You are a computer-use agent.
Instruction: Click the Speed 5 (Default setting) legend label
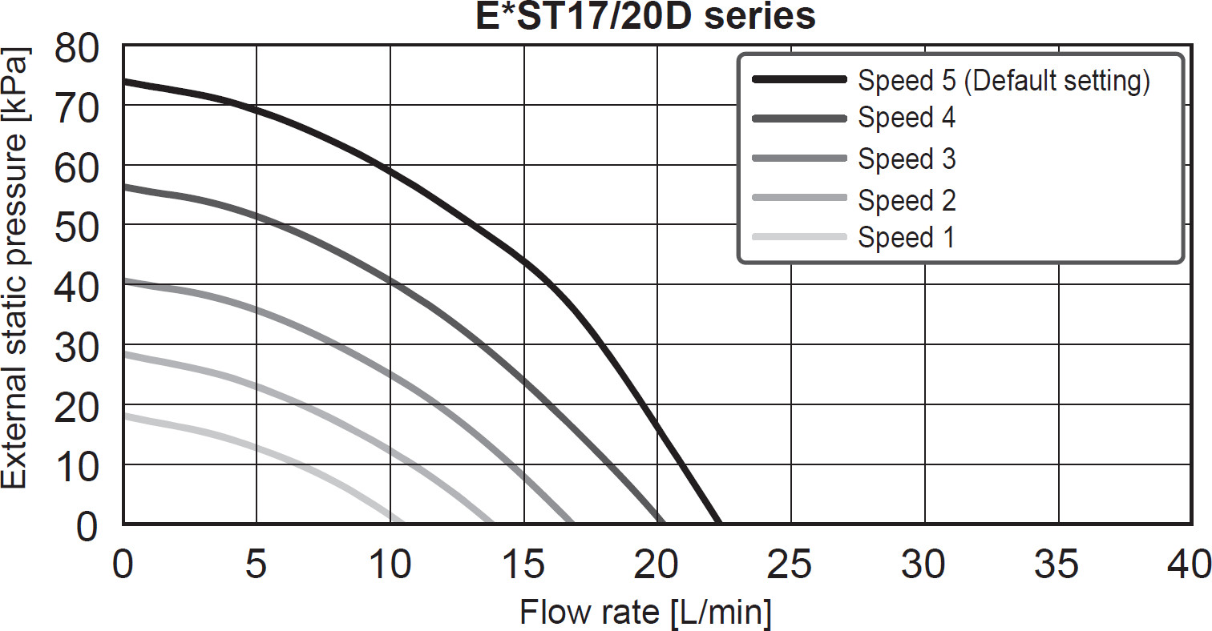pos(1004,81)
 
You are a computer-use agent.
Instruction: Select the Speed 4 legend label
pos(907,119)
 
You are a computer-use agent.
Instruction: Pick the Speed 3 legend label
pos(907,159)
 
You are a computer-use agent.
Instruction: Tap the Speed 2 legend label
pos(907,199)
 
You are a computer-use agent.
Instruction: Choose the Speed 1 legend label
pos(906,237)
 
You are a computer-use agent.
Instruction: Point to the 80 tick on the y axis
pos(77,46)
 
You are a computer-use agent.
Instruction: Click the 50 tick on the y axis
pos(77,226)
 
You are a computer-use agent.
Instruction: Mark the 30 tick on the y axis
pos(77,346)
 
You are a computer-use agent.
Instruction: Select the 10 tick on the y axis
pos(77,465)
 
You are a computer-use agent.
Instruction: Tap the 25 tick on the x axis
pos(790,565)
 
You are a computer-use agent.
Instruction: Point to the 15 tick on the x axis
pos(523,565)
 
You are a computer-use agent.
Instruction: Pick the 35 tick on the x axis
pos(1059,565)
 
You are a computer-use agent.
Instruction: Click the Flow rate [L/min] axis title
pos(645,613)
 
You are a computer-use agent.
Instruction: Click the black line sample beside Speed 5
pos(799,79)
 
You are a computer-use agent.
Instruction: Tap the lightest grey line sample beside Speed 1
pos(799,237)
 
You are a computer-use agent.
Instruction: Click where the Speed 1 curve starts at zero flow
pos(124,416)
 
